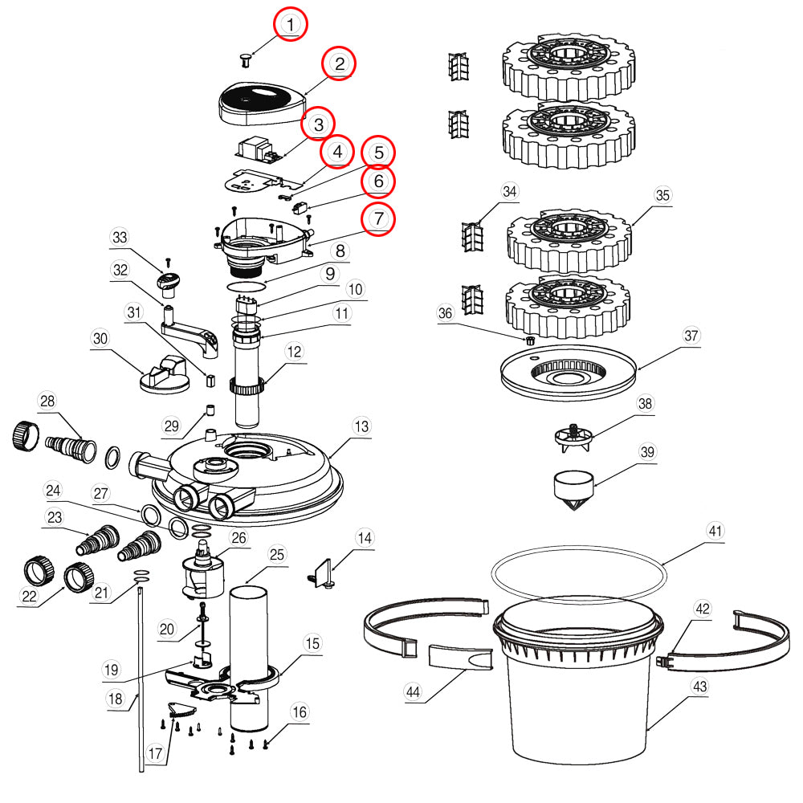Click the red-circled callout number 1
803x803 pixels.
[291, 25]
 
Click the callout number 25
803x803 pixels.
[277, 554]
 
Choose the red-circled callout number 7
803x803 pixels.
[377, 218]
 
